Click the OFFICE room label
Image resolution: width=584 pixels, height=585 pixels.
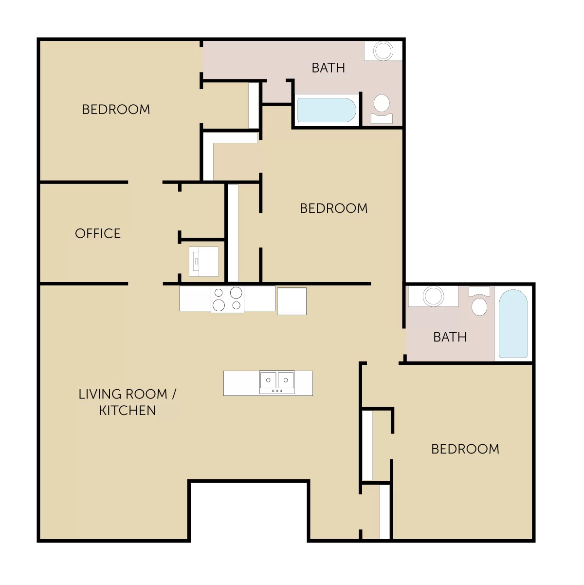coord(98,233)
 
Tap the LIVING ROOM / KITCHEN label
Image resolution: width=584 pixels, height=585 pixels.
coord(128,402)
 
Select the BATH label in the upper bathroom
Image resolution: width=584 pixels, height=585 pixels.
coord(328,68)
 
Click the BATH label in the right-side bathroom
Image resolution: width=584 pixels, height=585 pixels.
coord(450,337)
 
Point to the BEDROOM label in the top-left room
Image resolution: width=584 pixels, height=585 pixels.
coord(116,109)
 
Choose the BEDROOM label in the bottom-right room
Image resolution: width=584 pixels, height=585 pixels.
coord(465,449)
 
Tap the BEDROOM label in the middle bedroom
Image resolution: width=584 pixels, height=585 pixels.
coord(334,208)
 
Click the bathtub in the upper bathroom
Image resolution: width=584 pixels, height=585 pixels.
coord(327,110)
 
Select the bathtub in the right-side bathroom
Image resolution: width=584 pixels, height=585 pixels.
coord(513,323)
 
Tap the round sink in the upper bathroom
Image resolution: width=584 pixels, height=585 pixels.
coord(383,51)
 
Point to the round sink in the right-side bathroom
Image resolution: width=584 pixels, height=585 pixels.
coord(433,296)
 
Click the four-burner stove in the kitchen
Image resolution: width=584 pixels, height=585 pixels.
coord(228,300)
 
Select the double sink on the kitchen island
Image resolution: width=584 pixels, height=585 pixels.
coord(277,382)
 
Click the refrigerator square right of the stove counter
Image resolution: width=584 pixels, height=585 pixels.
coord(292,301)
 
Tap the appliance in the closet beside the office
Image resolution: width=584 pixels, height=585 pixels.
coord(203,262)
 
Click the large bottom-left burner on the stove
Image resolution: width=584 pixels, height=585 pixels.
coord(219,305)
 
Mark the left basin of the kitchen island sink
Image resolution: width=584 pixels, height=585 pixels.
coord(268,380)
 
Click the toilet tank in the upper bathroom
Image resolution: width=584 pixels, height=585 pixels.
coord(382,119)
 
